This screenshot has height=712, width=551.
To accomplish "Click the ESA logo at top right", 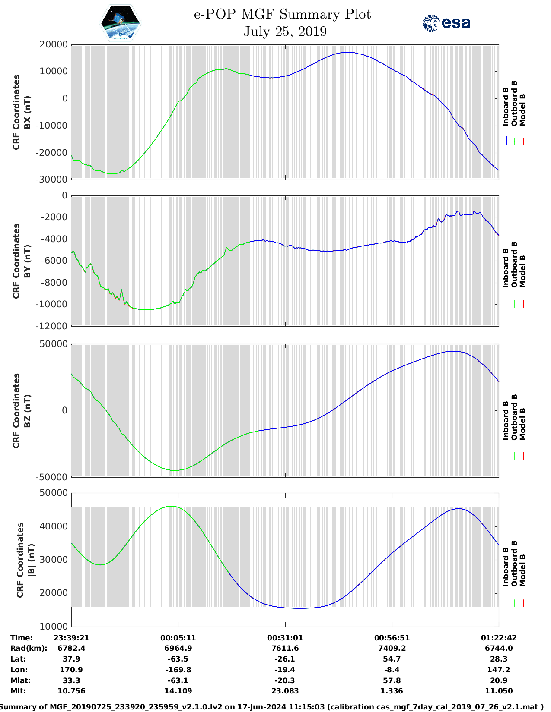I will point(446,23).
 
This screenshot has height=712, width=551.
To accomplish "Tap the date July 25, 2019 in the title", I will point(285,32).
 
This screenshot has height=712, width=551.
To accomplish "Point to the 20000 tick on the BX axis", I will point(54,44).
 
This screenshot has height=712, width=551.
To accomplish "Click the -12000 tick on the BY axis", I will point(54,326).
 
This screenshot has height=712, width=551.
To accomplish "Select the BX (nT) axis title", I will point(27,112).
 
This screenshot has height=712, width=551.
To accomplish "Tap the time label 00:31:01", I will point(285,638).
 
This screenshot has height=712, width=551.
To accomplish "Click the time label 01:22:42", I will point(499,638).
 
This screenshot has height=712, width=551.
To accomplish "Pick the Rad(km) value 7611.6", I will point(285,648).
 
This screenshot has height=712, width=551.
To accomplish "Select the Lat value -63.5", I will point(178,659).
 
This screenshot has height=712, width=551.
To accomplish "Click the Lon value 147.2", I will point(499,670).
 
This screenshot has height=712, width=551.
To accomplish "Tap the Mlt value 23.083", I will point(285,691).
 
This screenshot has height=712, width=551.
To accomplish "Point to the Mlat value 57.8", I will point(392,680).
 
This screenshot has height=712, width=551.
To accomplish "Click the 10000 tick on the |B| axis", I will point(54,626).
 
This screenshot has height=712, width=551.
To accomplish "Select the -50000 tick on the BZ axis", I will point(52,477).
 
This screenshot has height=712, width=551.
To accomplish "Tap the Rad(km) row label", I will point(29,648).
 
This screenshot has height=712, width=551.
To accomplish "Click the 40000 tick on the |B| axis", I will point(54,526).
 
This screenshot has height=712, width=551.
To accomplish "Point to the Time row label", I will point(22,638).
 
